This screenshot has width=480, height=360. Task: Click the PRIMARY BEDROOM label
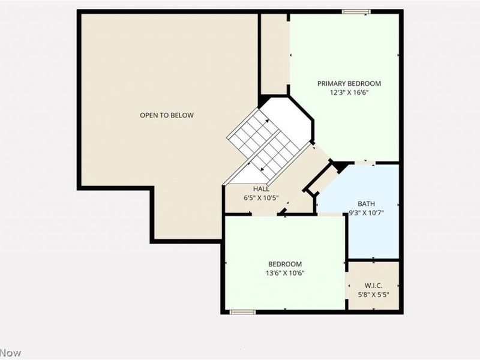pos(349,83)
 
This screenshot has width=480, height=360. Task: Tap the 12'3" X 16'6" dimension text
pos(349,92)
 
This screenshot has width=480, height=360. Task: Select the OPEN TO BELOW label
pos(167,115)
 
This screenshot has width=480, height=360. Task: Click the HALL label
pos(261,189)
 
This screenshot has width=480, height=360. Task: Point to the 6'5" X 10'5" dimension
pos(261,198)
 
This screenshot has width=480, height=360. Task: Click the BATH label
pos(367,204)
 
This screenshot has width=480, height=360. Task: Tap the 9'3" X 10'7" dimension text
pos(367,213)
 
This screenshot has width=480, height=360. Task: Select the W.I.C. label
pos(373,286)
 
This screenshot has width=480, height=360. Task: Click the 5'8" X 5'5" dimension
pos(373,295)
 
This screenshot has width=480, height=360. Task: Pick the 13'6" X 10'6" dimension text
pos(285,273)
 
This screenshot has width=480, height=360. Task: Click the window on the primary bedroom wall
pos(356,11)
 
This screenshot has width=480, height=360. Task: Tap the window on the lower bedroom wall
pos(242,312)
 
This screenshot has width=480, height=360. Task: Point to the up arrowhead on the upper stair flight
pos(267,121)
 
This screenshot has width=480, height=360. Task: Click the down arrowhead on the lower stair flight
pos(262,169)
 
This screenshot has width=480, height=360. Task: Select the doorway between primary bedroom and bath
pos(365,163)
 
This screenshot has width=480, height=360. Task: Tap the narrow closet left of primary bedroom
pos(275,54)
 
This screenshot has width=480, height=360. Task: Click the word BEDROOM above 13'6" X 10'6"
pos(285,264)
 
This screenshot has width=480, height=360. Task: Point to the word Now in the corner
pos(11,353)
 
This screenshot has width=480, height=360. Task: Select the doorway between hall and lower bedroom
pos(265,214)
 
